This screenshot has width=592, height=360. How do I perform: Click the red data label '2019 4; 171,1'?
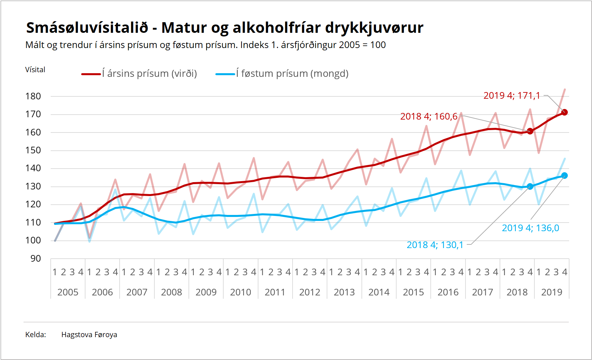(x=511, y=96)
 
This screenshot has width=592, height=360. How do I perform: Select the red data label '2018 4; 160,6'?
(x=429, y=117)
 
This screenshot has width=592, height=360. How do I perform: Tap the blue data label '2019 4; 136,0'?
(x=530, y=228)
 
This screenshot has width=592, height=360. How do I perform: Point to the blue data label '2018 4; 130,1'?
(x=435, y=245)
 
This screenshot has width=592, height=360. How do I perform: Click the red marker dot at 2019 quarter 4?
(x=565, y=112)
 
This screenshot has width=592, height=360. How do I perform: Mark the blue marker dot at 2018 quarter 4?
(x=530, y=186)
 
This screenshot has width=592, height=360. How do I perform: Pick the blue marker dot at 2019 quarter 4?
(x=565, y=176)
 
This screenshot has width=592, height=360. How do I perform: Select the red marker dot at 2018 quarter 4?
(x=530, y=131)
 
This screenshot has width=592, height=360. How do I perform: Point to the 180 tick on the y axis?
(x=33, y=96)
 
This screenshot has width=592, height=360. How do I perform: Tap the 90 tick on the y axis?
(x=35, y=259)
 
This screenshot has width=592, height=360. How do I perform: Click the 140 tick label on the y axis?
(x=33, y=168)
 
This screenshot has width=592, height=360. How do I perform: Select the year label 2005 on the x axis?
(x=68, y=292)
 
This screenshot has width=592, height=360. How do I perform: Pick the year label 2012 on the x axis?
(x=310, y=292)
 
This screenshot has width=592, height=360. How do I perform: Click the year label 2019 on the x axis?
(x=552, y=292)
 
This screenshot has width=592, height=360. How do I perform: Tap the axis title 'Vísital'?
(x=35, y=70)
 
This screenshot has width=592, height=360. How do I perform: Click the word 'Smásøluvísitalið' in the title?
(x=87, y=28)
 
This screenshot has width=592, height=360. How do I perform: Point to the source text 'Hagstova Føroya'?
(x=89, y=335)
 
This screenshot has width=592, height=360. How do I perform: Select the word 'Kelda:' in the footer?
(x=35, y=335)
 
